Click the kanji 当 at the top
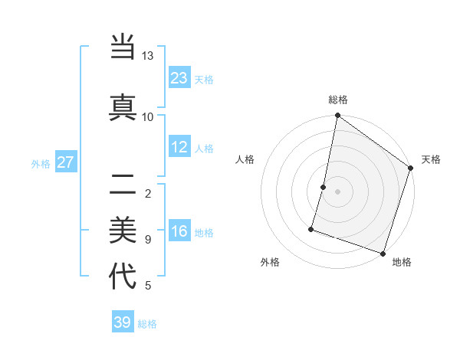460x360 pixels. click(x=123, y=47)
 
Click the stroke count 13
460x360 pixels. click(x=147, y=56)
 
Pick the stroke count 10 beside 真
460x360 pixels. click(x=147, y=116)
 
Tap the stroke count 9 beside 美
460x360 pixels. click(x=147, y=239)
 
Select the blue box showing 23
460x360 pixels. click(x=179, y=77)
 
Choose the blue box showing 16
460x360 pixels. click(x=179, y=231)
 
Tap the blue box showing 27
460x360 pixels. click(x=65, y=162)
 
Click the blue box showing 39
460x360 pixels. click(x=123, y=322)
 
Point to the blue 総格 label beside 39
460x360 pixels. click(x=148, y=324)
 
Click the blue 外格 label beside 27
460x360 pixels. click(x=41, y=163)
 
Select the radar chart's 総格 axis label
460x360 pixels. click(x=338, y=100)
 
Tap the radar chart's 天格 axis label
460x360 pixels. click(x=431, y=159)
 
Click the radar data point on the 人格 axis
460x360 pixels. click(x=324, y=187)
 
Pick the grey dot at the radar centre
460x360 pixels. click(x=337, y=191)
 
